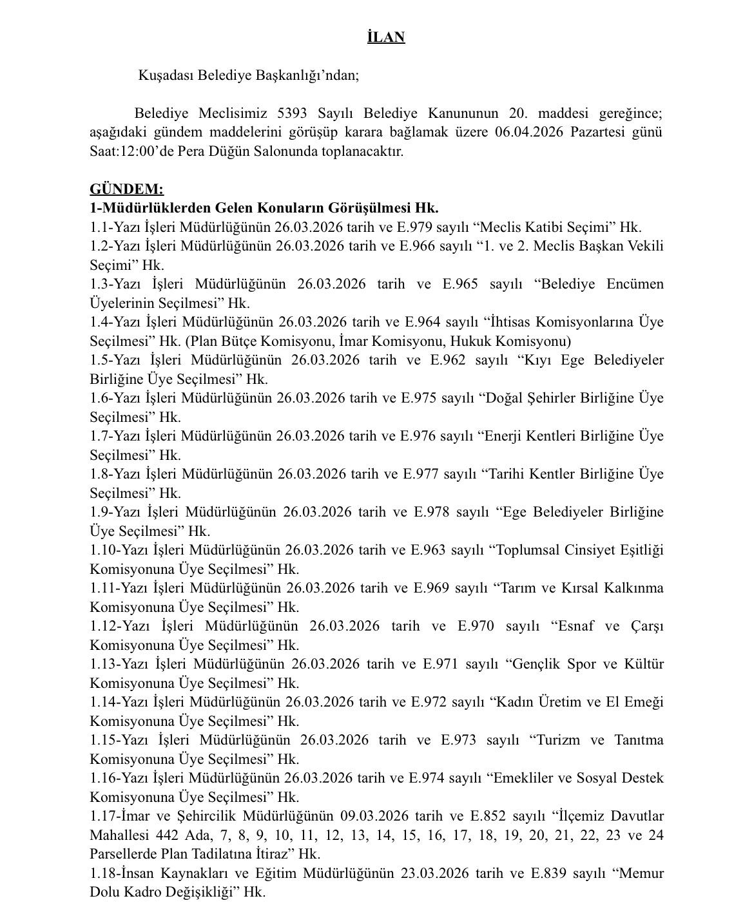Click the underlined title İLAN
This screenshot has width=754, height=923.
click(386, 37)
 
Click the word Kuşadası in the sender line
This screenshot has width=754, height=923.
click(165, 75)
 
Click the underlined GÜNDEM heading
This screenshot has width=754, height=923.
click(126, 189)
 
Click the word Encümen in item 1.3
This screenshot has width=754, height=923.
click(634, 284)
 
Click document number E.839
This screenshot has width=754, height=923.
click(548, 873)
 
